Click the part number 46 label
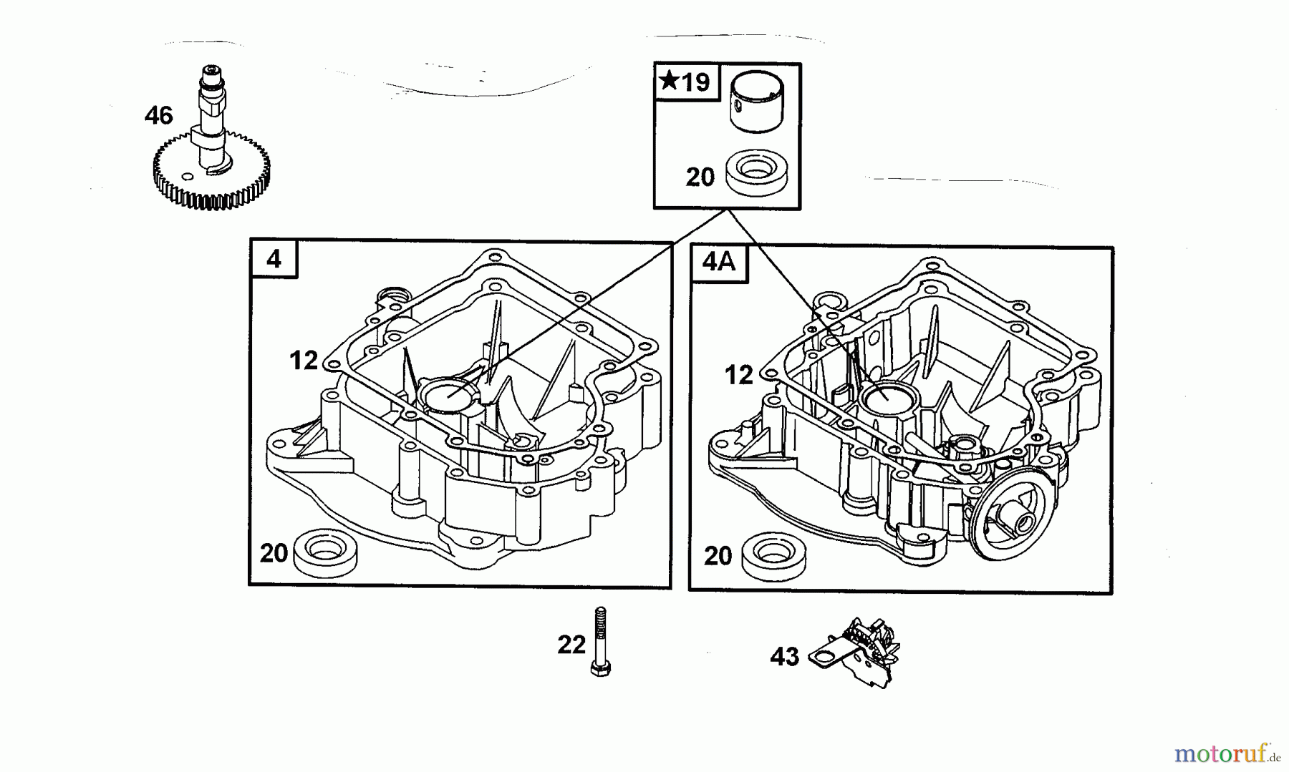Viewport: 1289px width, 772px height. pos(158,115)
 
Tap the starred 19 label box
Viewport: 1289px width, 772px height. pos(685,82)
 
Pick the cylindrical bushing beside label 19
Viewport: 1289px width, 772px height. pos(756,103)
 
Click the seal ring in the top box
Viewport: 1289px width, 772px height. pos(756,172)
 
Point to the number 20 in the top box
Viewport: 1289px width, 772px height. pos(700,177)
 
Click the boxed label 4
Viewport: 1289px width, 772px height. pos(274,258)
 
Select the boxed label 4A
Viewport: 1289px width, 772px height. pos(718,262)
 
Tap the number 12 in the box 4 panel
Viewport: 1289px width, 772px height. pos(303,361)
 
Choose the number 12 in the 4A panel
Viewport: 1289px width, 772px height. pos(738,375)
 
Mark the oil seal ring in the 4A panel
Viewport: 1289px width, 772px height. pos(772,554)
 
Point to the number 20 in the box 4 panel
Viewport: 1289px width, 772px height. pos(274,552)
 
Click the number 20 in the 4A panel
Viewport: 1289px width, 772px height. pos(718,555)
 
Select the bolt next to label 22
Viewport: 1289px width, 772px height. pos(600,642)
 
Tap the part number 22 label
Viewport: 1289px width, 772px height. pos(571,645)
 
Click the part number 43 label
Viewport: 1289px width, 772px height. pos(784,656)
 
